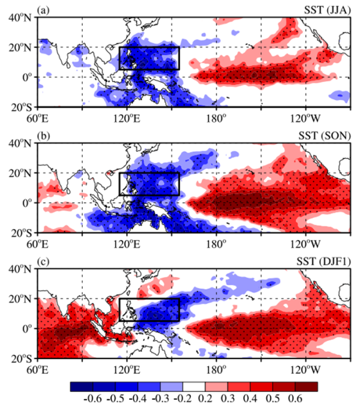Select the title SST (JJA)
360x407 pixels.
[326, 10]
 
